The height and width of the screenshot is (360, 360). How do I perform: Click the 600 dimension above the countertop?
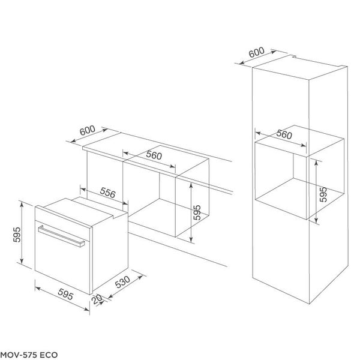click(x=88, y=131)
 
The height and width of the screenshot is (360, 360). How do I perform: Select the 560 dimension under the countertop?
click(x=154, y=155)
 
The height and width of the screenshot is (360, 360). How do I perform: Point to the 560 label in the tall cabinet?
click(x=284, y=134)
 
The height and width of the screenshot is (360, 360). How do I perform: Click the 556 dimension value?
click(x=107, y=193)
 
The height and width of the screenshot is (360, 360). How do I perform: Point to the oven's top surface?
click(x=80, y=204)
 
